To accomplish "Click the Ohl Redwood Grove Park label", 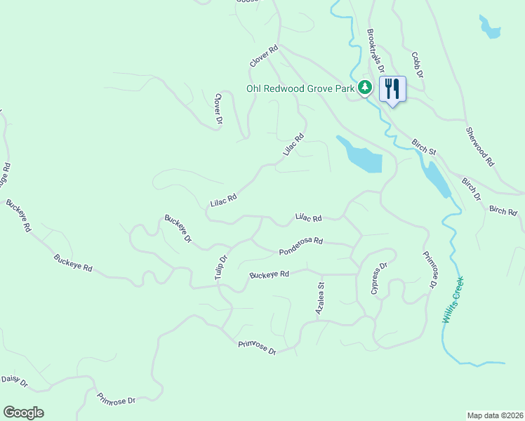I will point(300,88).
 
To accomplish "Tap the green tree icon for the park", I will point(364,88).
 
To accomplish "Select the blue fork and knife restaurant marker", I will point(392,89).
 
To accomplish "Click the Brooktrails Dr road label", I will point(376,51).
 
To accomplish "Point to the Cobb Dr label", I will point(417,65).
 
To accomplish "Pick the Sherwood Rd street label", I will point(481,147).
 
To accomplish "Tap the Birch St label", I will point(424,146).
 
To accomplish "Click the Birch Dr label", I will point(471,189).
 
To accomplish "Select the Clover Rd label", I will point(265,57).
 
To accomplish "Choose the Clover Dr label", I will point(219,109).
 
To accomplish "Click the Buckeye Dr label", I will point(178,229).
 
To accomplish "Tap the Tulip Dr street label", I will point(222,268).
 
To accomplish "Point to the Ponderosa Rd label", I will point(300,246).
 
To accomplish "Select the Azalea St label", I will point(321,298).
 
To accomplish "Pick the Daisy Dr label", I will point(14,381).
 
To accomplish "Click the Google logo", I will point(23,413).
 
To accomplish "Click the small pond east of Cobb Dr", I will point(489,27).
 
